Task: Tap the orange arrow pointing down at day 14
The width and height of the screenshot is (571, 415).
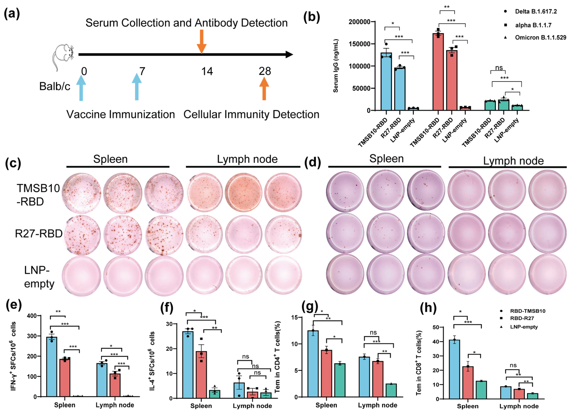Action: point(201,41)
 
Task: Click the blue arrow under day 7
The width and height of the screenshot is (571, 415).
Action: point(137,87)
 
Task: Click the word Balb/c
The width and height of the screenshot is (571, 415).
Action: point(55,86)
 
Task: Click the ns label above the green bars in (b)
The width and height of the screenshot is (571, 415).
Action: point(499,68)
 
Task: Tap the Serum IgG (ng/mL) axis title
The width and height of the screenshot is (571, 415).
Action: point(336,66)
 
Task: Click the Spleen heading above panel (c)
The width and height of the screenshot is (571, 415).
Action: point(110,159)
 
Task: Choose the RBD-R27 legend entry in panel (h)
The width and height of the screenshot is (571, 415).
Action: point(522,318)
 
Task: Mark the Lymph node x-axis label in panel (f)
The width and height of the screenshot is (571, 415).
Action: point(252,406)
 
